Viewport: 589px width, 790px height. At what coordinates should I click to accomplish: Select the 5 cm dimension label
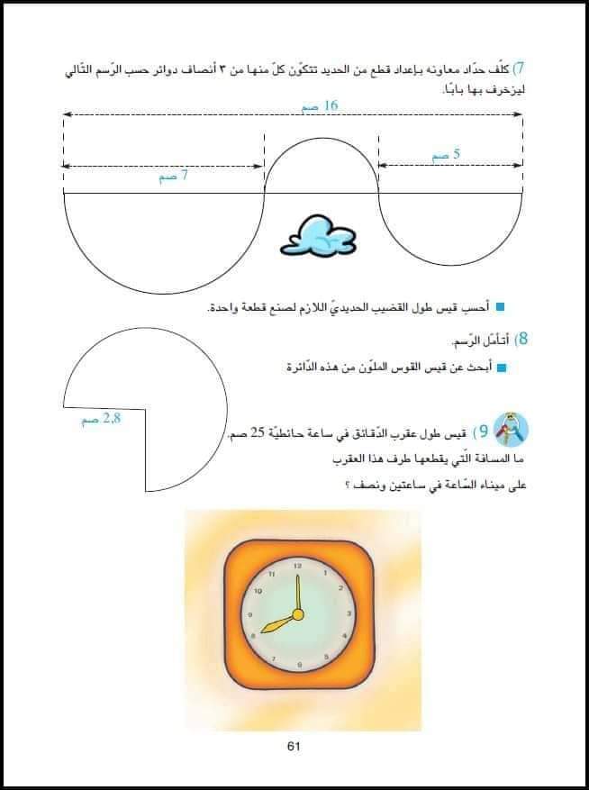pyautogui.click(x=447, y=155)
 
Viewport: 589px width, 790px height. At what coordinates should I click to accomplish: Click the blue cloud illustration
pyautogui.click(x=315, y=237)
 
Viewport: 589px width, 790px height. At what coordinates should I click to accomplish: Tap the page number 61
pyautogui.click(x=294, y=745)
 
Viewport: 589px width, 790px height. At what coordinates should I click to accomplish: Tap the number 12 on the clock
pyautogui.click(x=296, y=565)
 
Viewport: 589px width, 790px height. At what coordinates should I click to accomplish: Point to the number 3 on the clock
pyautogui.click(x=349, y=614)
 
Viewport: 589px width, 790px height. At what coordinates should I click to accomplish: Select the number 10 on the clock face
pyautogui.click(x=258, y=591)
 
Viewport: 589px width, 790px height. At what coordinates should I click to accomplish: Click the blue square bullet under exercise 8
pyautogui.click(x=503, y=368)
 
